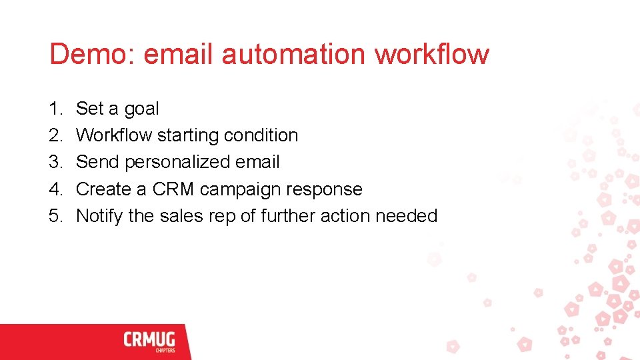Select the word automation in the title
point(293,54)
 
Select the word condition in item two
point(261,135)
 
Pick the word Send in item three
point(97,162)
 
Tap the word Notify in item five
point(99,216)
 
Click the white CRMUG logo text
point(148,340)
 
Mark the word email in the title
point(179,54)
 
